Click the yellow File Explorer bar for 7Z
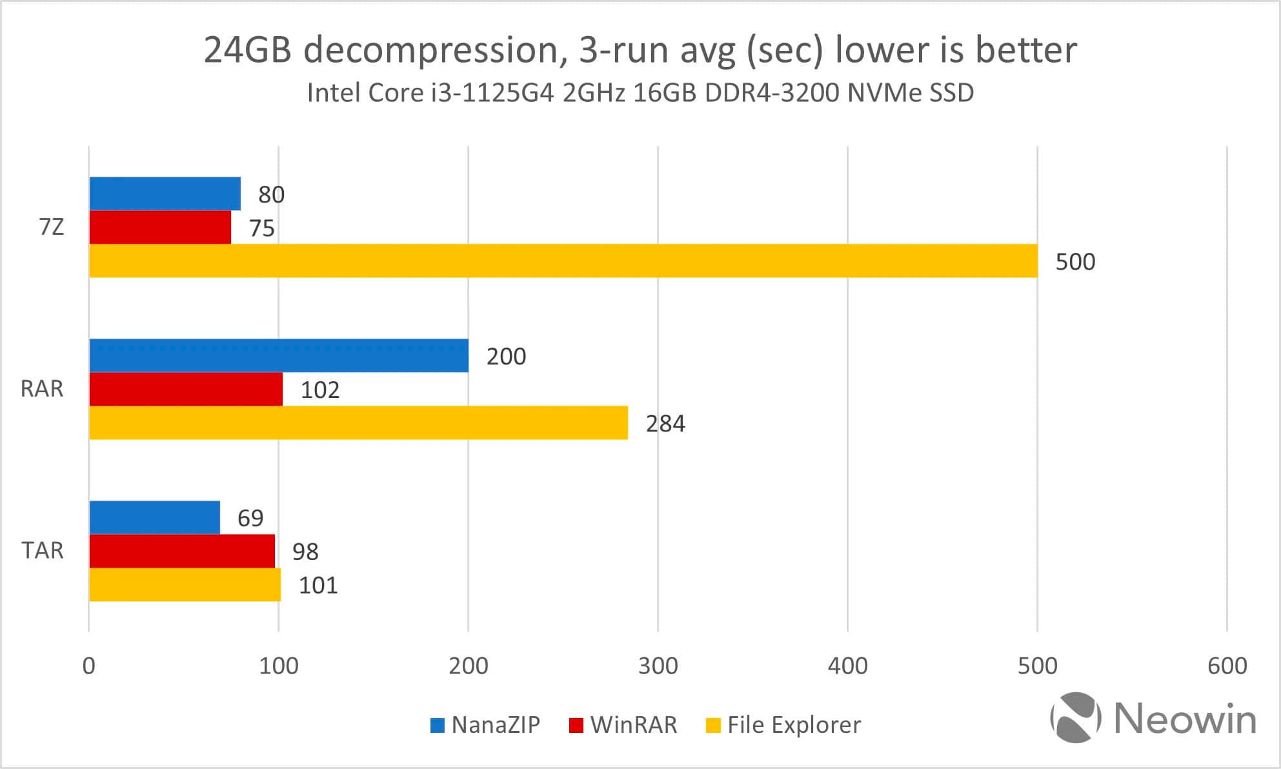coord(563,261)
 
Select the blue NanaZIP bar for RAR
coord(279,355)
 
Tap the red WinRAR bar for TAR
coord(182,551)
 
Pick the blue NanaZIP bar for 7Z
coord(165,194)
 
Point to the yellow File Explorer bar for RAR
coord(358,423)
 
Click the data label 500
coord(1075,262)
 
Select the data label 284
coord(665,424)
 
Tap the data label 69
coord(250,518)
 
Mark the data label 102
coord(320,390)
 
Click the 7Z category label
coord(52,227)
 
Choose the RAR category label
coord(42,389)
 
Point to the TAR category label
coord(43,551)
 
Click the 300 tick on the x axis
coord(658,666)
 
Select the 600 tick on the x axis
coord(1227,666)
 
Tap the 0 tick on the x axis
coord(89,666)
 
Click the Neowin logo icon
coord(1075,717)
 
